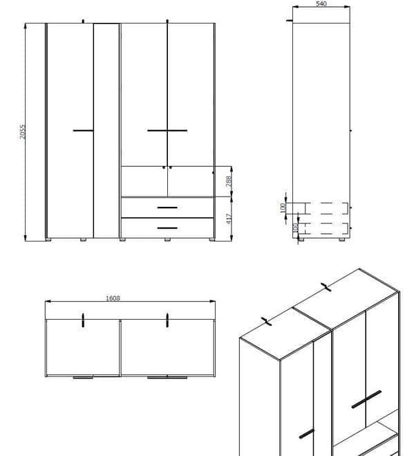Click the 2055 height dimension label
click(x=22, y=131)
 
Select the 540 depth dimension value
click(x=321, y=4)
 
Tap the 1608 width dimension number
click(x=113, y=298)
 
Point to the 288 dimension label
click(x=229, y=181)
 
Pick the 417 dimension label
click(x=229, y=219)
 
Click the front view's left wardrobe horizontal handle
click(x=83, y=130)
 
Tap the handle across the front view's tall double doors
click(x=167, y=130)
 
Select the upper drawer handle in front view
click(x=167, y=208)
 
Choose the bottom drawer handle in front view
click(x=167, y=228)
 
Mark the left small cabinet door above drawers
click(x=144, y=181)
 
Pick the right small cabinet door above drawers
click(x=190, y=181)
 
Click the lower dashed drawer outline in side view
click(x=326, y=229)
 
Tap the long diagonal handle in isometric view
click(x=366, y=399)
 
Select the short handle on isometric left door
click(x=307, y=433)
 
